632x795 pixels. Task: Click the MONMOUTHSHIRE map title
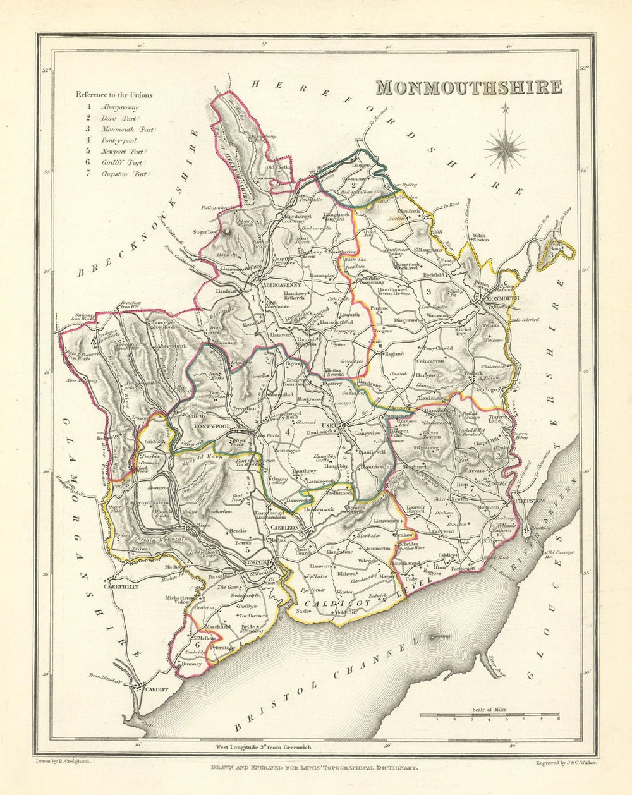(468, 87)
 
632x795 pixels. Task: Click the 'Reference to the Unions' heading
(114, 95)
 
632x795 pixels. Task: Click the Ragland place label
(394, 354)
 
